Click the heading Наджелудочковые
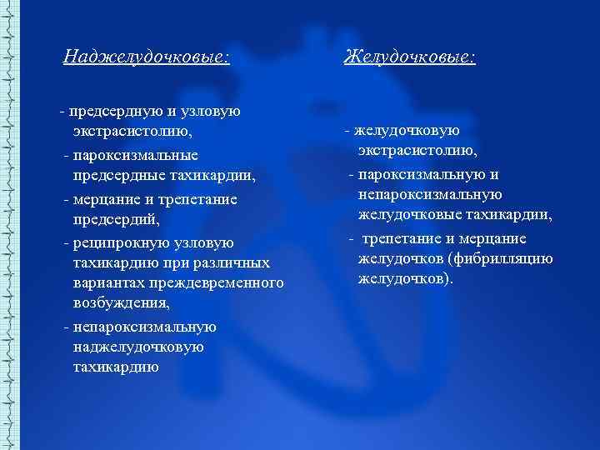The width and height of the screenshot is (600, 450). pos(147,57)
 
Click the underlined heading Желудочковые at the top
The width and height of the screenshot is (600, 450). pos(410,57)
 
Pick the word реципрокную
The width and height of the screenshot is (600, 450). pos(125,242)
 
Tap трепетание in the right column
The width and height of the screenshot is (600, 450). pos(404,238)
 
